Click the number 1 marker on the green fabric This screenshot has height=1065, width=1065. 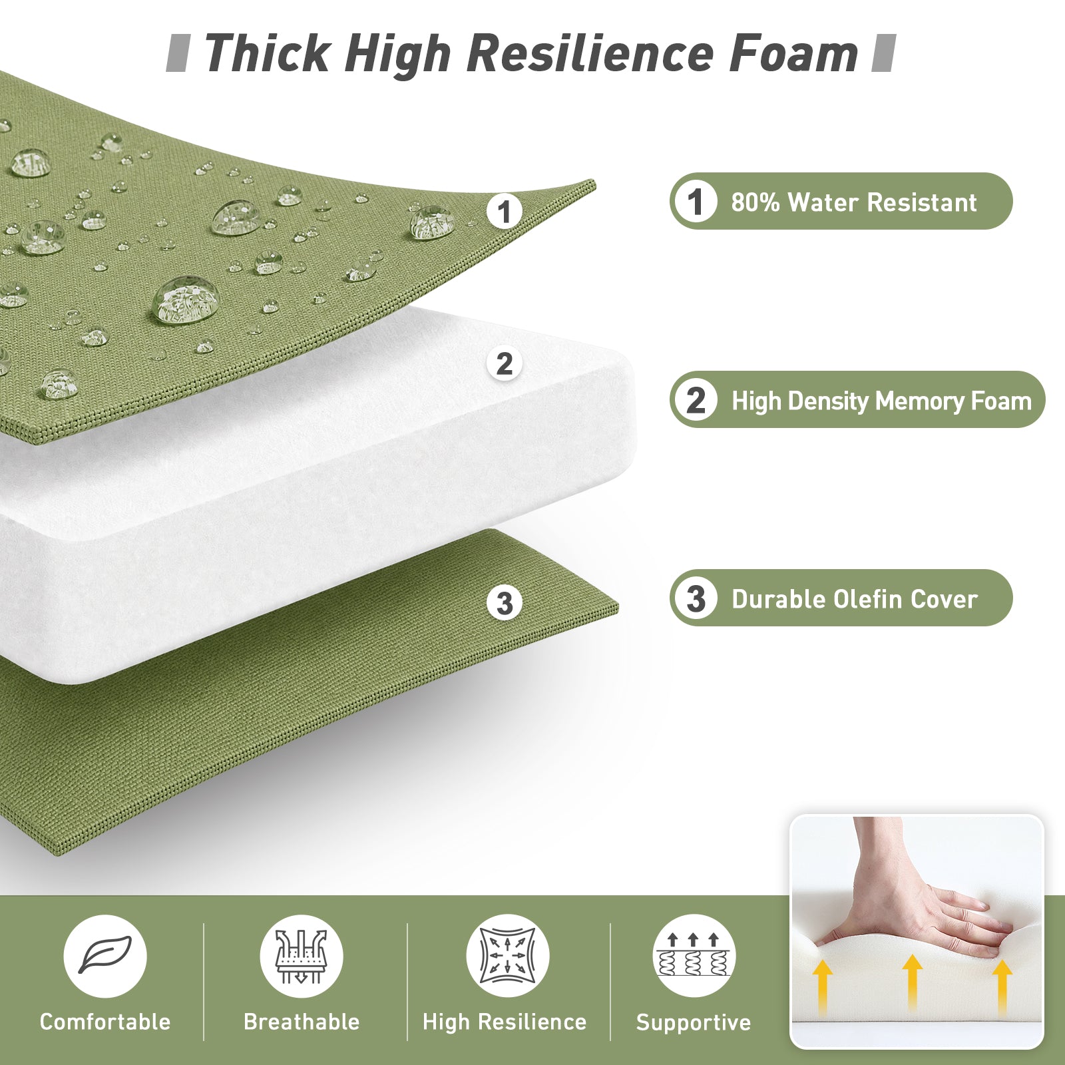(x=505, y=212)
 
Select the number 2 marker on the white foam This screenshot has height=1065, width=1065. (x=505, y=364)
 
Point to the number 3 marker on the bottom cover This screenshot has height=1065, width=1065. (x=505, y=603)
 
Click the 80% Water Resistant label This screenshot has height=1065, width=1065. (x=841, y=201)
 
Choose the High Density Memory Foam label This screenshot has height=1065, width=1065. (x=857, y=399)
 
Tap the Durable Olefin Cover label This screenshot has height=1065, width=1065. (x=841, y=598)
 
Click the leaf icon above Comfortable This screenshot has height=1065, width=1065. (x=105, y=956)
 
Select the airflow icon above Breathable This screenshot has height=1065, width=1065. (x=302, y=956)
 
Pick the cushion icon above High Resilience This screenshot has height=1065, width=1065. (x=507, y=956)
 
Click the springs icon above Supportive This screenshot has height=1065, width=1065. (x=694, y=956)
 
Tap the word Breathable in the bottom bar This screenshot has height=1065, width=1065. (x=302, y=1022)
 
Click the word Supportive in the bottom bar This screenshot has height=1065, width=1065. (x=694, y=1022)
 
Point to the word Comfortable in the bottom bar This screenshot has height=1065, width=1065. (x=105, y=1022)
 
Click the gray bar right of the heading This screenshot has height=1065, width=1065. (x=883, y=53)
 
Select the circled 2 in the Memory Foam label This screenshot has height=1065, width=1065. (x=696, y=399)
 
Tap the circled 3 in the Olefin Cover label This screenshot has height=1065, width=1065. (x=696, y=598)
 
